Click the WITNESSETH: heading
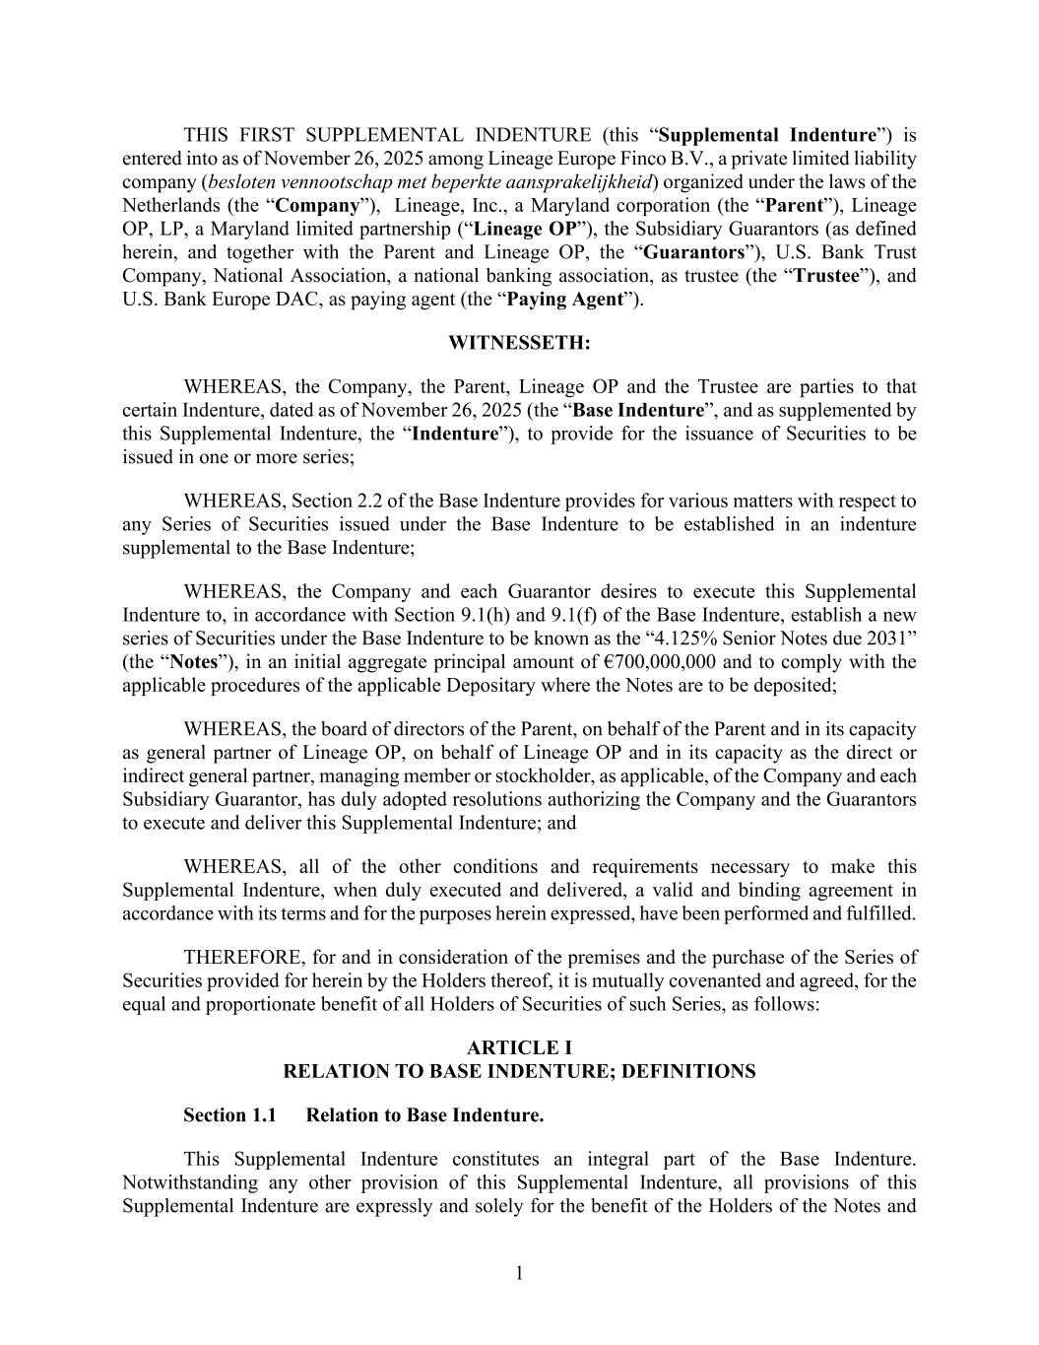click(x=519, y=343)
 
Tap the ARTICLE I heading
click(x=519, y=1047)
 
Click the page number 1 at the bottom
click(x=519, y=1274)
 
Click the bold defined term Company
click(x=316, y=206)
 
